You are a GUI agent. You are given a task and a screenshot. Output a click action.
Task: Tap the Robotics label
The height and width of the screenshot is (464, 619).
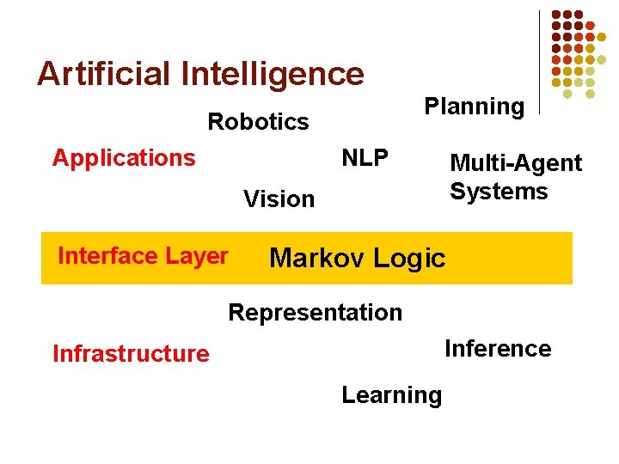[258, 122]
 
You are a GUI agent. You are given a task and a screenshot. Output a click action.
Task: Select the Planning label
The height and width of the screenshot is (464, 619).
[474, 107]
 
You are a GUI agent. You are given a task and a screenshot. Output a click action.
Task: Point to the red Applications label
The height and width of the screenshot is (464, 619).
[124, 158]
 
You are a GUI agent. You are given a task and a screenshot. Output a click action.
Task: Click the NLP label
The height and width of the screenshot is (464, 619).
[365, 158]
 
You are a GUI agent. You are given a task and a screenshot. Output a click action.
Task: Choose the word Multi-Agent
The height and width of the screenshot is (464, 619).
[516, 163]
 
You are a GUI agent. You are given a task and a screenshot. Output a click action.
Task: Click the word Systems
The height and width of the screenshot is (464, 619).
[499, 191]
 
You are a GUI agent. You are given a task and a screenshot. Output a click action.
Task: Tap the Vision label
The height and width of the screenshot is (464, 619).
[279, 199]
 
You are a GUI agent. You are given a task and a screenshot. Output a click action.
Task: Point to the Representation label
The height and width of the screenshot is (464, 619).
[315, 313]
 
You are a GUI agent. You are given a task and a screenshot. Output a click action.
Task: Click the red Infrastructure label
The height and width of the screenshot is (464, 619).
[131, 354]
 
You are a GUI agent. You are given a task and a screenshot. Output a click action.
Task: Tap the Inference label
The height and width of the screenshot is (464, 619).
[497, 349]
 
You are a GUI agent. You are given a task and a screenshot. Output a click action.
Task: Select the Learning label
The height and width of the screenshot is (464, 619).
[391, 395]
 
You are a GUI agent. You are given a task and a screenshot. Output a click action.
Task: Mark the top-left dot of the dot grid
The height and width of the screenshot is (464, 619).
[556, 15]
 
